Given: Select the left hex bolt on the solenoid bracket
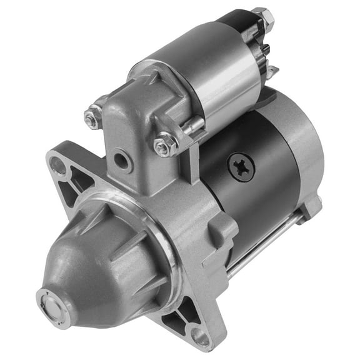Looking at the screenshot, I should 94,116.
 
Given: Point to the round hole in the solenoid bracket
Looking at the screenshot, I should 121,161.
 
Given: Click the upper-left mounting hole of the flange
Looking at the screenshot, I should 58,165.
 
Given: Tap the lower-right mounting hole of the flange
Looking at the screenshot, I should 201,337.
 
